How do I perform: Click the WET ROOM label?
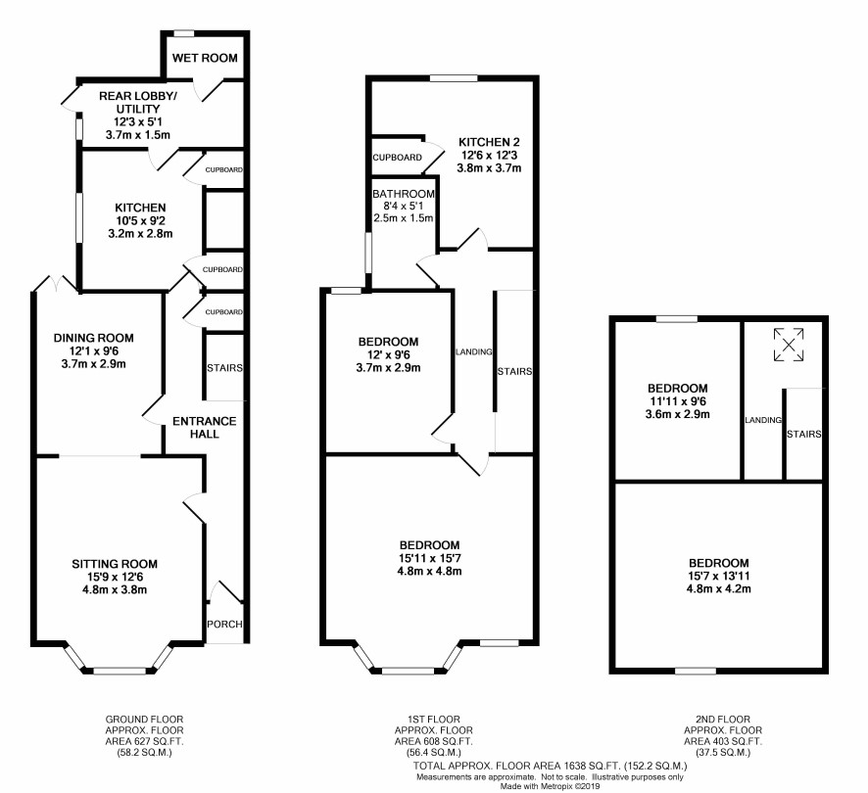(x=205, y=58)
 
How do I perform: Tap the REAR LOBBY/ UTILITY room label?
(x=138, y=103)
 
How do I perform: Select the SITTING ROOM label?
(x=115, y=564)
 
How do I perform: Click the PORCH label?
(x=224, y=625)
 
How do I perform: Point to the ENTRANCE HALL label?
(x=205, y=428)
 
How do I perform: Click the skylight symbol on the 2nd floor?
(x=789, y=345)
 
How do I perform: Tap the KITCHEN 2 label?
(x=490, y=142)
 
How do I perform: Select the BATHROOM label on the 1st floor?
(x=404, y=194)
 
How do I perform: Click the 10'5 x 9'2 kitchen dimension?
(x=140, y=221)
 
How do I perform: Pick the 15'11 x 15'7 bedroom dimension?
(x=429, y=558)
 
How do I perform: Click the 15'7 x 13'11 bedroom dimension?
(x=718, y=576)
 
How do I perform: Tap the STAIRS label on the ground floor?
(x=224, y=368)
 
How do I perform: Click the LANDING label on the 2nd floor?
(x=763, y=421)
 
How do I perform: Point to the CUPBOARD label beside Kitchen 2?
(x=398, y=158)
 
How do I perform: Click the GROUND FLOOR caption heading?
(x=144, y=720)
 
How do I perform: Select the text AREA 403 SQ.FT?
(x=723, y=741)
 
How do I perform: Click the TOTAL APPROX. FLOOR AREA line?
(x=551, y=767)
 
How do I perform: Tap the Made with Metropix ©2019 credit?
(x=551, y=786)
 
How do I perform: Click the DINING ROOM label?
(x=93, y=338)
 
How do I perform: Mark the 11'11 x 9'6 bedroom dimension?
(x=678, y=401)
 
